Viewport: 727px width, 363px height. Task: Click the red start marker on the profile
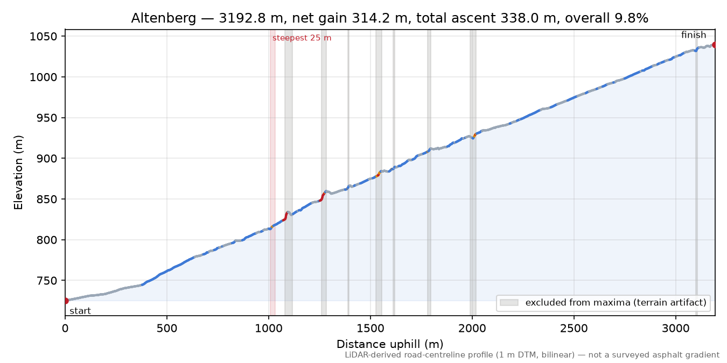[x=66, y=301]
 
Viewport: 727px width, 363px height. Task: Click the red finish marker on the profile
[x=714, y=45]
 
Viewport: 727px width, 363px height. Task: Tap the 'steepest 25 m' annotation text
[x=302, y=38]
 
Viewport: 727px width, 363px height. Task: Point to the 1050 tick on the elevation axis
[x=44, y=37]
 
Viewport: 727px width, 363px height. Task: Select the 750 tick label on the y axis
[x=48, y=281]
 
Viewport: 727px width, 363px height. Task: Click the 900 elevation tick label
[x=48, y=159]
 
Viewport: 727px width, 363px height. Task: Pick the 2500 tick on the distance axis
[x=574, y=329]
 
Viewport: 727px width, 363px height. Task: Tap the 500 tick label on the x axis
[x=167, y=329]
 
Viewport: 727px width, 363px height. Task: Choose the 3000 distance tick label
[x=676, y=329]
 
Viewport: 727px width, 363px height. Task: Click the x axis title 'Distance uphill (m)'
[x=390, y=344]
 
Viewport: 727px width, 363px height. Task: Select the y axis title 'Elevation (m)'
[x=18, y=173]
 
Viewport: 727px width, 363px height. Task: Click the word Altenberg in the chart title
[x=164, y=18]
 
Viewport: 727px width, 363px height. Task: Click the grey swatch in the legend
[x=509, y=303]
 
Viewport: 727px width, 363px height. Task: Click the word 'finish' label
[x=694, y=34]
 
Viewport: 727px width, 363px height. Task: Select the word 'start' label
[x=80, y=311]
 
